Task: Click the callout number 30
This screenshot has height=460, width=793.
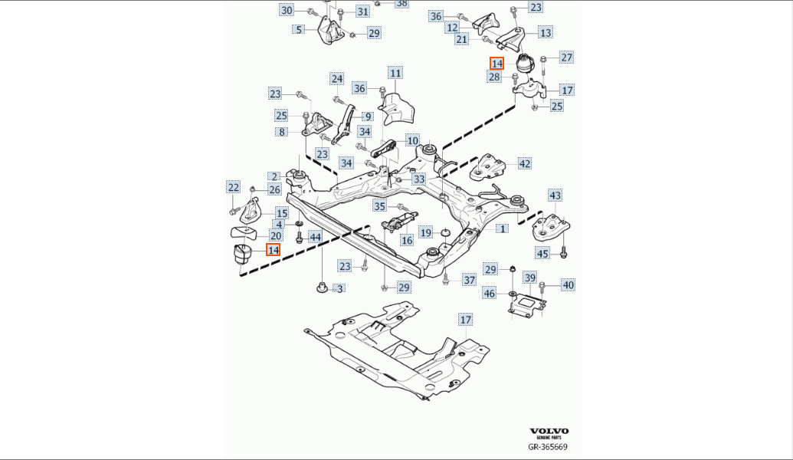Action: click(287, 10)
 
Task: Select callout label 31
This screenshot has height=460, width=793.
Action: click(363, 11)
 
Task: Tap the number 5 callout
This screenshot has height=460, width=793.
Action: click(300, 30)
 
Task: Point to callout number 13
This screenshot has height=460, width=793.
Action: click(545, 32)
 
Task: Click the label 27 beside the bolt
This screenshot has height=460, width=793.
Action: click(566, 58)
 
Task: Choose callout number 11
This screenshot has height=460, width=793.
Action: click(395, 74)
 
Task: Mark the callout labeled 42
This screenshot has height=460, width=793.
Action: click(524, 163)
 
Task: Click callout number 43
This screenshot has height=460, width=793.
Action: click(555, 196)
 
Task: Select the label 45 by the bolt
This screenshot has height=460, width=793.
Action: click(542, 253)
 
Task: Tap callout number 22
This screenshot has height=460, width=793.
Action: click(233, 187)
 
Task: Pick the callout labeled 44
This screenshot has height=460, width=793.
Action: click(315, 238)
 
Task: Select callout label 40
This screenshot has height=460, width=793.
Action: click(567, 285)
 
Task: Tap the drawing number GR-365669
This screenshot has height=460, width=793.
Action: click(548, 446)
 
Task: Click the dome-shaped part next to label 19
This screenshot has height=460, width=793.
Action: click(444, 232)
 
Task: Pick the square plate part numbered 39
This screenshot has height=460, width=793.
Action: click(526, 304)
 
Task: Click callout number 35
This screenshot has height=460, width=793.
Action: click(380, 206)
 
